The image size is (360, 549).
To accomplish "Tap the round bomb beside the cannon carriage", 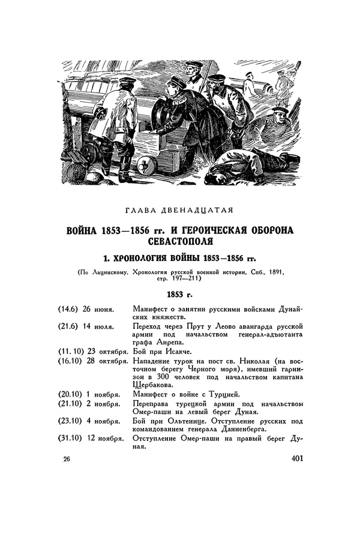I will coord(146,166).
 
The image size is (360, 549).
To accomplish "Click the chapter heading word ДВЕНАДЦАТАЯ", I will coord(201,209).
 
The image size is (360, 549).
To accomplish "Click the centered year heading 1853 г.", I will coord(180,295).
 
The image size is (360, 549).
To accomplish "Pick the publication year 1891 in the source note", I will coord(273,272).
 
